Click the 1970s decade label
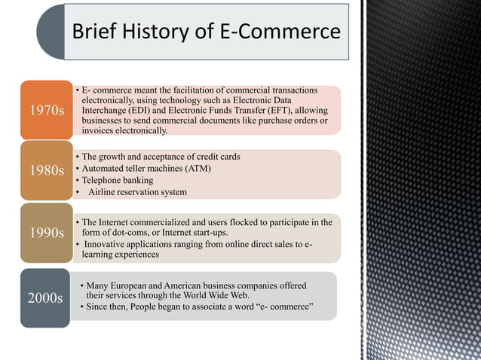[45, 111]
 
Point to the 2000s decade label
[45, 297]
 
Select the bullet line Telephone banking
[118, 180]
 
